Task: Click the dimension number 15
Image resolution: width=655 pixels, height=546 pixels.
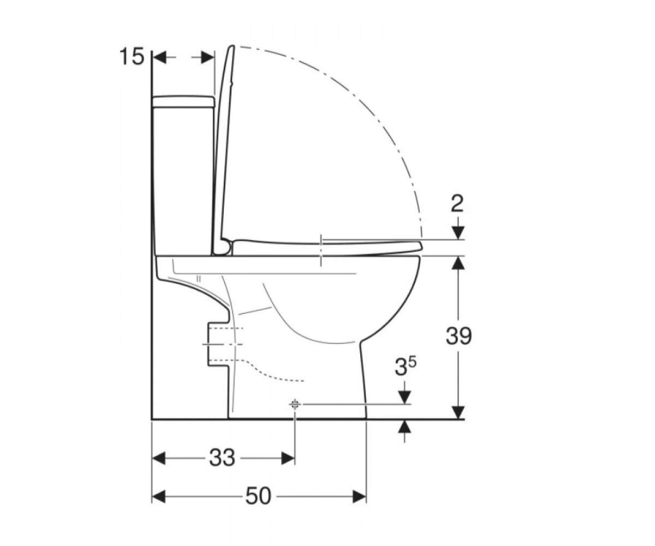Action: [x=132, y=57]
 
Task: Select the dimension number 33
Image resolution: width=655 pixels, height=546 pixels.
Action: [x=222, y=458]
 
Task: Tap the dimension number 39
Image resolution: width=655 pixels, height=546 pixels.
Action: [x=458, y=336]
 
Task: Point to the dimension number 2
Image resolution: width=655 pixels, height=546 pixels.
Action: [x=458, y=204]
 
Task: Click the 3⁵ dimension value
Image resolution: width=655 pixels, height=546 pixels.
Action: [x=406, y=367]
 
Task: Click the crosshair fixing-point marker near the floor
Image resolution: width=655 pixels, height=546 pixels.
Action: [x=295, y=405]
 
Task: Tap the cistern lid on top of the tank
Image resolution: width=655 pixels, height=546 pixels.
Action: [x=183, y=101]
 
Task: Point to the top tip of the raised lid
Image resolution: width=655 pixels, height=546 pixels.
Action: [x=233, y=46]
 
